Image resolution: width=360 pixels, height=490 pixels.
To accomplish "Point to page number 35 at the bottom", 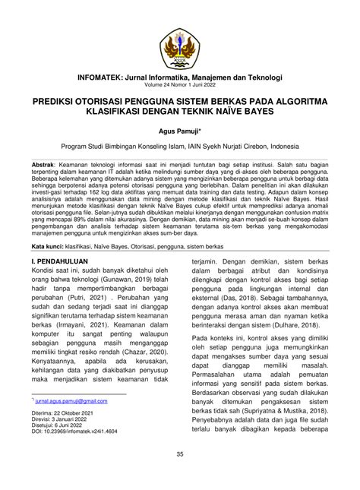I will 180,476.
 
